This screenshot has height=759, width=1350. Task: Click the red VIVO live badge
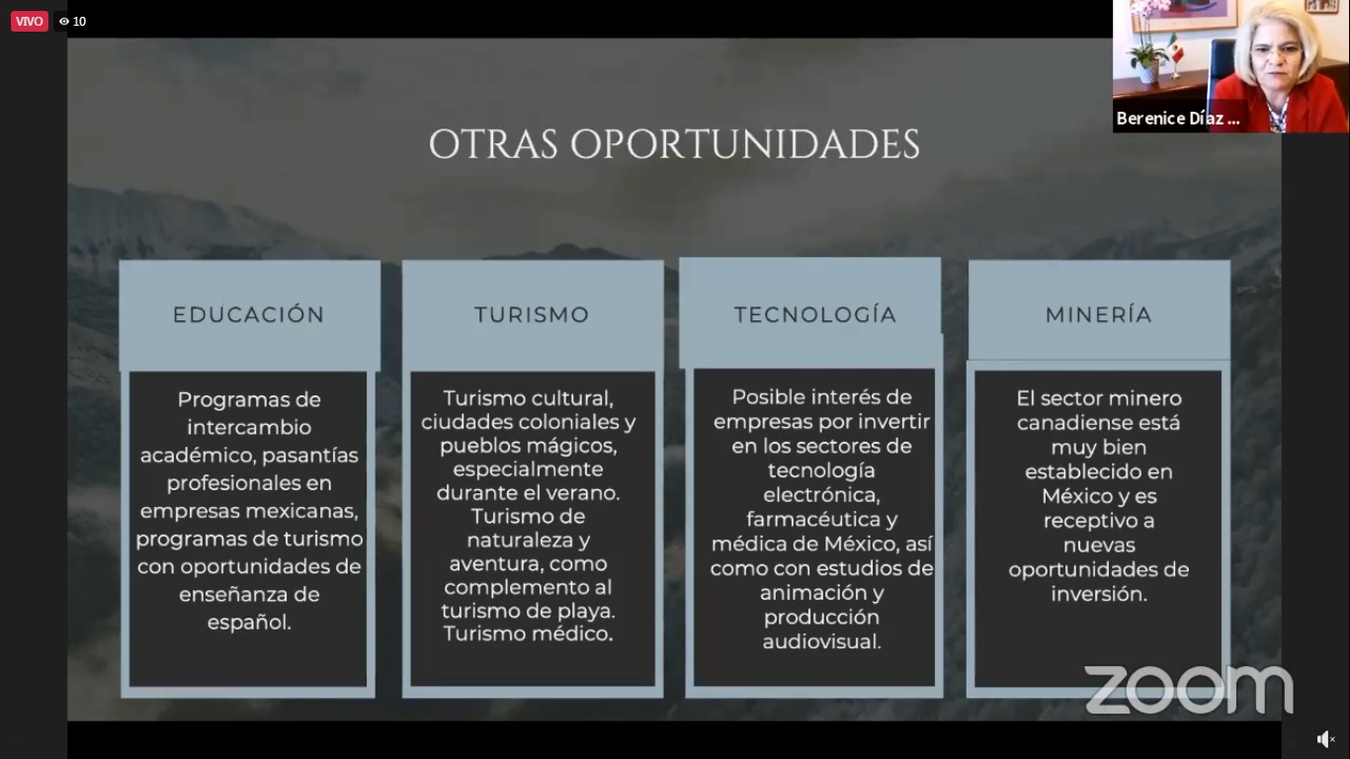pos(29,21)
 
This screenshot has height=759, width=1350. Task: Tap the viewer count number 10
pos(79,22)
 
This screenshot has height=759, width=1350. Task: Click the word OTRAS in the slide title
pos(493,144)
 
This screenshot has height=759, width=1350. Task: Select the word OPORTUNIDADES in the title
pos(745,144)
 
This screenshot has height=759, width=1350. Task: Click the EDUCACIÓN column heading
pos(249,314)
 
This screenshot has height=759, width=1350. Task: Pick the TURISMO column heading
pos(532,314)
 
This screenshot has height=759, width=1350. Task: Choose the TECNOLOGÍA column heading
pos(815,314)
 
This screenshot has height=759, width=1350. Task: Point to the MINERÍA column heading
pos(1099,314)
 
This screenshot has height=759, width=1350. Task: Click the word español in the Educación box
pos(249,623)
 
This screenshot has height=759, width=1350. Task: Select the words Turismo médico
pos(528,633)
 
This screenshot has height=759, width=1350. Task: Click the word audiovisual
pos(821,641)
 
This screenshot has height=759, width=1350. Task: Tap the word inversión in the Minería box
pos(1099,594)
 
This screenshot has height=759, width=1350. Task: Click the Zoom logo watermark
pos(1189,690)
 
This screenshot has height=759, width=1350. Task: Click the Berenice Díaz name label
pos(1178,119)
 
